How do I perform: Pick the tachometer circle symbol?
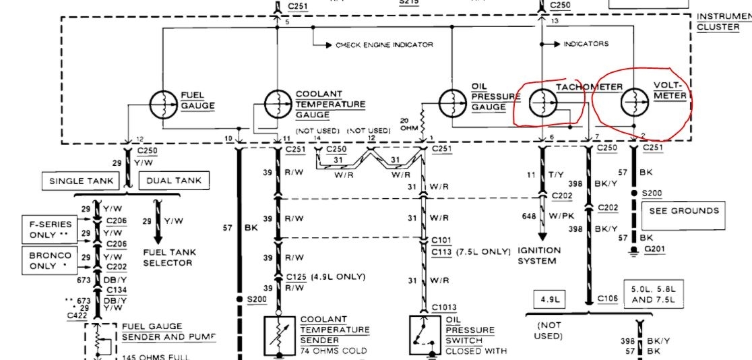[542, 103]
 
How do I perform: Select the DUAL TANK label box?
[173, 180]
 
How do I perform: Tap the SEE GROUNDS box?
[684, 210]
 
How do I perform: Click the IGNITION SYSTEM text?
[540, 255]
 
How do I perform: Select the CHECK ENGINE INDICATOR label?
[384, 45]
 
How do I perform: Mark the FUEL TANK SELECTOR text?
[170, 257]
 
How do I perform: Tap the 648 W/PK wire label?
[545, 216]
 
